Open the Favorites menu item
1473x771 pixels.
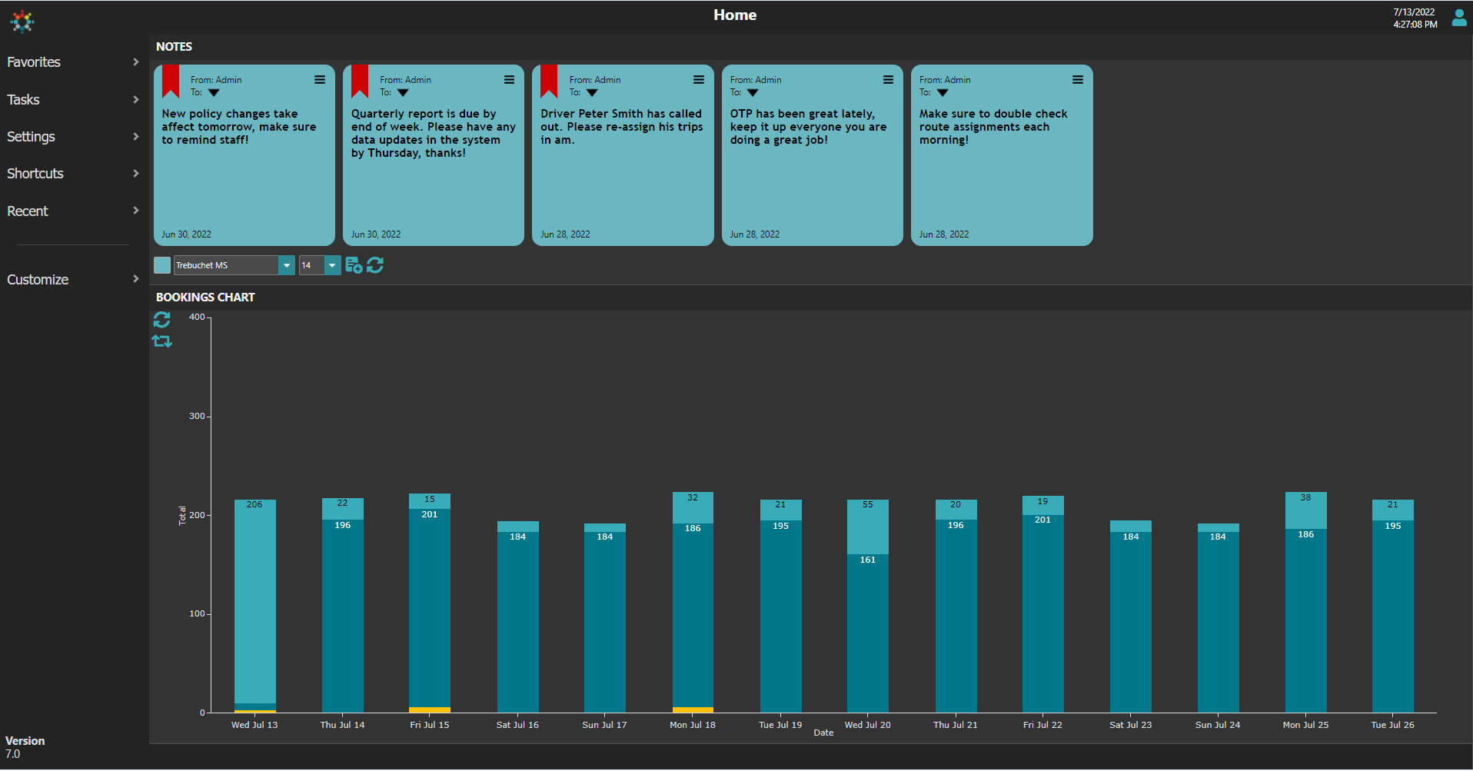(34, 62)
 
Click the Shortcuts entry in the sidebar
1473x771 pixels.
(35, 174)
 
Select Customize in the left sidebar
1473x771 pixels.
(38, 280)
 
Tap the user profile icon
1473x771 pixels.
(1458, 18)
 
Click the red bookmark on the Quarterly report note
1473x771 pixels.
(360, 81)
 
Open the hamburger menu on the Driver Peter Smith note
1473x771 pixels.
(699, 80)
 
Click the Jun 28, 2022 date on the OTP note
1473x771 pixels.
(754, 234)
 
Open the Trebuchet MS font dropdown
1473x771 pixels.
(286, 265)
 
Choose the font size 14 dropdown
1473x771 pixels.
(332, 265)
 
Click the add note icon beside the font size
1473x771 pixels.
(354, 265)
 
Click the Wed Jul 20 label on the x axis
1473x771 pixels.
(868, 725)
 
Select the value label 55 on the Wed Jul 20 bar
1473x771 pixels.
(868, 505)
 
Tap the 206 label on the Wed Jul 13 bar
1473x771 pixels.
(254, 505)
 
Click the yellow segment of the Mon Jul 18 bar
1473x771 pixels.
(693, 710)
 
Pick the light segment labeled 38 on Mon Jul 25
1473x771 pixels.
(1305, 510)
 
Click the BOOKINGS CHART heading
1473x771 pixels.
(205, 297)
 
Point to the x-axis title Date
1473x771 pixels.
(823, 733)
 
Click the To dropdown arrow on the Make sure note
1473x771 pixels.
(943, 93)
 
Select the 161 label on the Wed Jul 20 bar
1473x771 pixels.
(868, 560)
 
